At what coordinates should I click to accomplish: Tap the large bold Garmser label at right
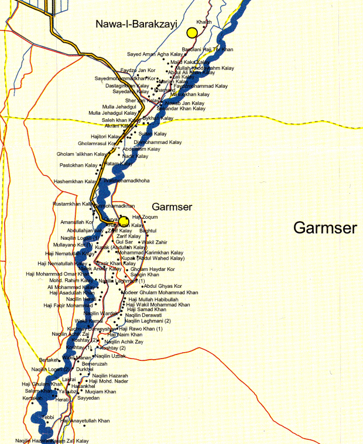pos(325,228)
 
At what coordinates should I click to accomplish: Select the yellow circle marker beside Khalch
pos(191,32)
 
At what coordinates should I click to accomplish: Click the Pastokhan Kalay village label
pos(78,166)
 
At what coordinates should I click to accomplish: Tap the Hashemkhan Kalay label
pos(75,181)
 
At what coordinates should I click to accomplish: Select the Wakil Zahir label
pos(155,242)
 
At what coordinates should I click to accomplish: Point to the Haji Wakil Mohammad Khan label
pos(158,305)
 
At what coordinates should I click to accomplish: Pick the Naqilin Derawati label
pos(143,315)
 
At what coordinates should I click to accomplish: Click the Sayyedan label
pos(89,398)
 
